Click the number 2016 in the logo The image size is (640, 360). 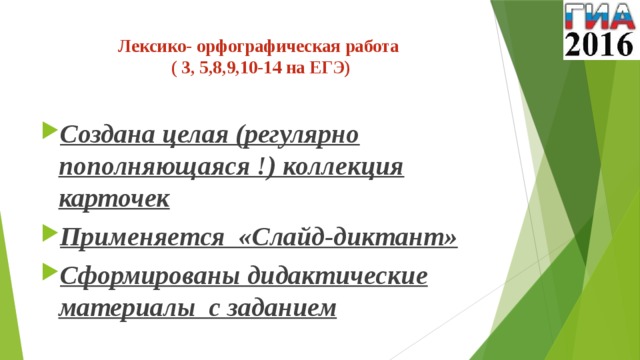click(599, 44)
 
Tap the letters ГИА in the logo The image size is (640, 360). click(598, 17)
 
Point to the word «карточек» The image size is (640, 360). click(114, 199)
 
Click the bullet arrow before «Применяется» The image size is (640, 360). click(49, 238)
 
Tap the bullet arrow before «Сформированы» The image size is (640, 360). click(49, 275)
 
